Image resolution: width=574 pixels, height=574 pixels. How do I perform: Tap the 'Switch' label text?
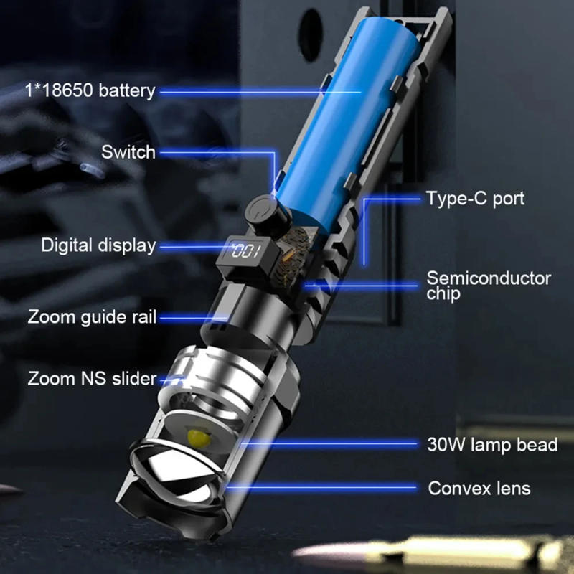(x=128, y=151)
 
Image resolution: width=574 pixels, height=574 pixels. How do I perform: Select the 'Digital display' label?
(x=98, y=245)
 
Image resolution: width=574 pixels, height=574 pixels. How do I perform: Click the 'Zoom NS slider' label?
(x=92, y=378)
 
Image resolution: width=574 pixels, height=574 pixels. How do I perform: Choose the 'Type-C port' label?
(x=475, y=198)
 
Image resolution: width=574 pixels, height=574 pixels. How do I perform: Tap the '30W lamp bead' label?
(x=491, y=445)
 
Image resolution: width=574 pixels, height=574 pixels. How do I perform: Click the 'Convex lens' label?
(x=479, y=489)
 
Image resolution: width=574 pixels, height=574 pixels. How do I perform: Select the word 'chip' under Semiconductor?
(x=443, y=293)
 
